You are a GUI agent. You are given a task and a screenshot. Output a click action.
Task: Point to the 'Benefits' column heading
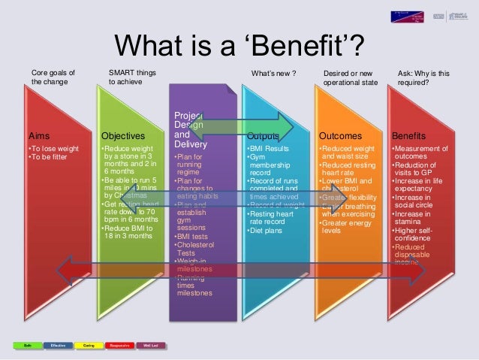point(412,136)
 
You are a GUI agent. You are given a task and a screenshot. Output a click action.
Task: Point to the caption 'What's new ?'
point(273,74)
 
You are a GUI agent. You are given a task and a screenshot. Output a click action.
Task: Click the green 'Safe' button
point(26,345)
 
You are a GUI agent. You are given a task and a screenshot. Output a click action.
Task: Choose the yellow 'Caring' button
point(89,345)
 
